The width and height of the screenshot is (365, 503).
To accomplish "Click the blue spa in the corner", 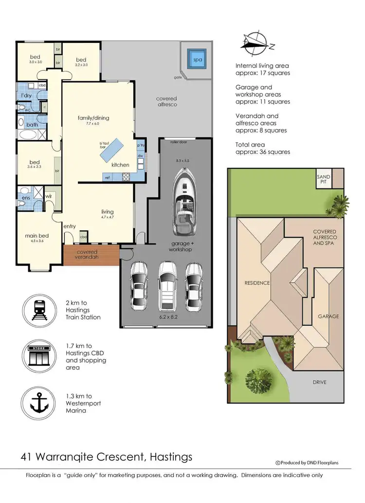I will tap(197, 59).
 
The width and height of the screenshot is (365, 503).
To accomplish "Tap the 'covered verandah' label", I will tap(88, 255).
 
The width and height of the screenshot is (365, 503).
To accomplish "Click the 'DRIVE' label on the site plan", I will tap(320, 382).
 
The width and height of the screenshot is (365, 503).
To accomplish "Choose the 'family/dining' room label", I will tap(93, 118).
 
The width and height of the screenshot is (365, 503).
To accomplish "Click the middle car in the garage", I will tap(166, 287).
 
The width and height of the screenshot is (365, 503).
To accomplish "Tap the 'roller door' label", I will tap(180, 143).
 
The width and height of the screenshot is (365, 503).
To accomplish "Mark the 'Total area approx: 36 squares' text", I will tap(262, 148).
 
